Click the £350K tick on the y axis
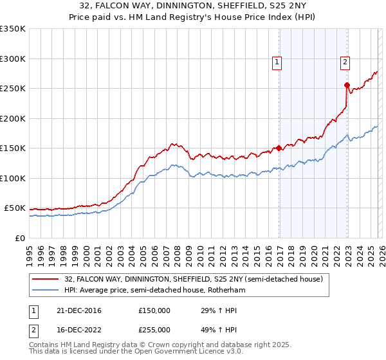(x=13, y=29)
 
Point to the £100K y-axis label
(x=13, y=178)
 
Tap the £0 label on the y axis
(x=19, y=238)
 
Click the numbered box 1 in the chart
(x=277, y=62)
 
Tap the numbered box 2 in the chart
(x=345, y=62)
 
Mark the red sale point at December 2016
(x=279, y=148)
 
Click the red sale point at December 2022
(x=347, y=85)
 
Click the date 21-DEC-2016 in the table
(x=78, y=310)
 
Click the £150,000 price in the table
(x=154, y=310)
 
